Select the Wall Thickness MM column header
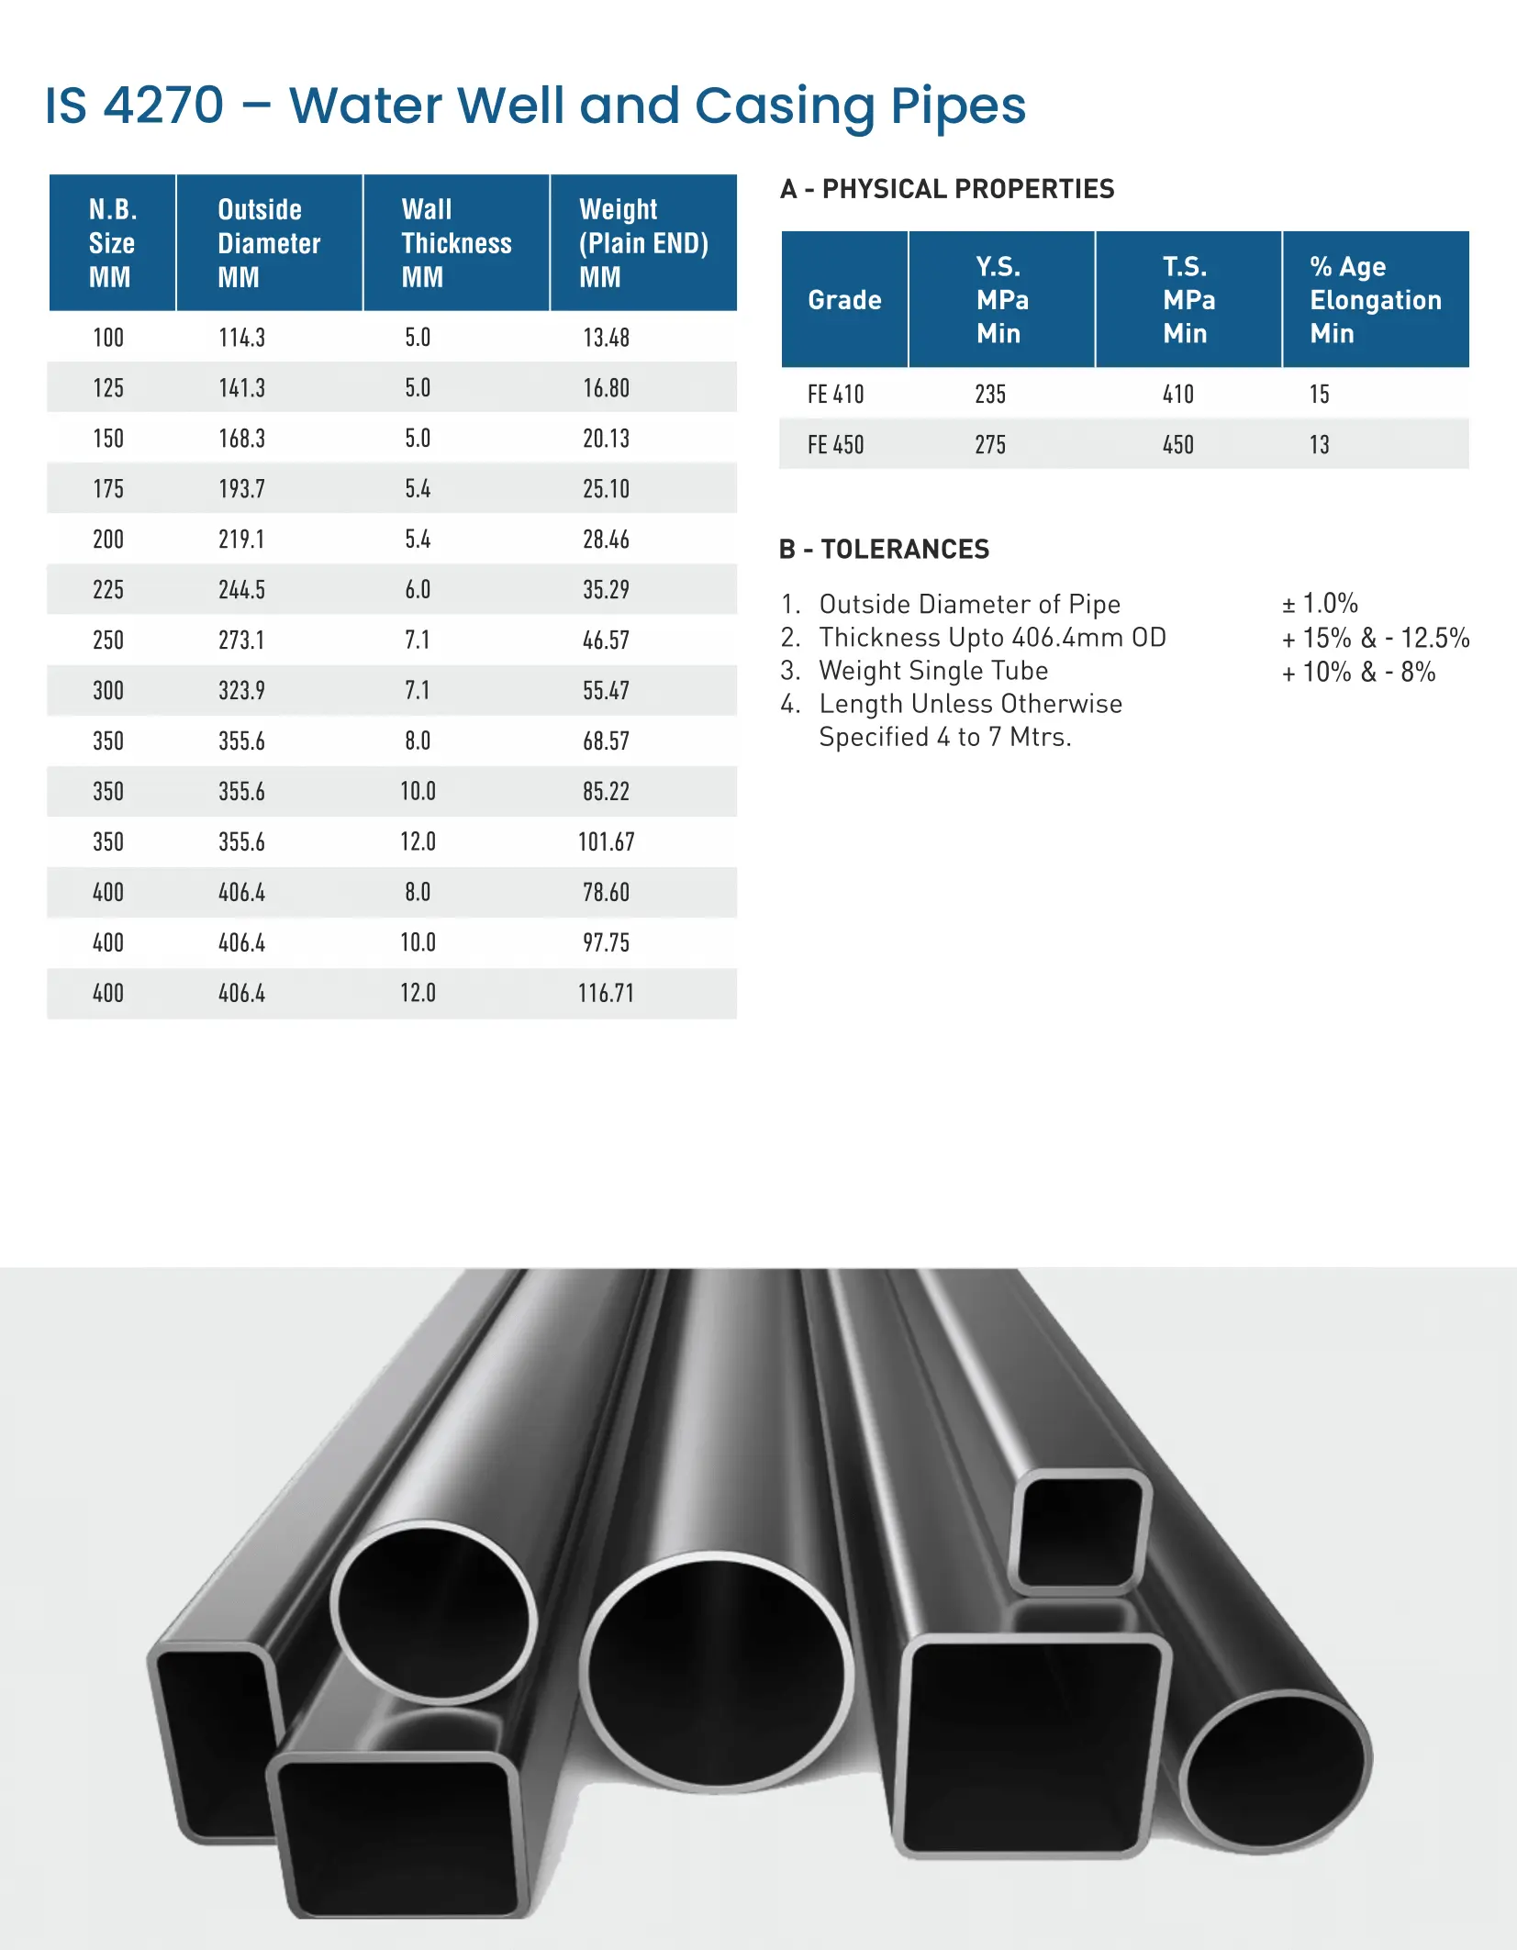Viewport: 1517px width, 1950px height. pos(455,243)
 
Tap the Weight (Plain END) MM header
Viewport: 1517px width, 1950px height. pos(642,243)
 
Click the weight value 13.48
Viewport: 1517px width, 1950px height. pos(606,338)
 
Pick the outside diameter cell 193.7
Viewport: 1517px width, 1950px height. pos(241,489)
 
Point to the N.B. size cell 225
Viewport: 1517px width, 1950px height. pos(108,590)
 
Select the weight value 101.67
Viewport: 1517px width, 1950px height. pos(606,842)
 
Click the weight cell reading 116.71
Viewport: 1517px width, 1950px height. pos(606,994)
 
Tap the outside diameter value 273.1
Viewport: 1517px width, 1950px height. pos(241,641)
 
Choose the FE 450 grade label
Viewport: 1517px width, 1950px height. pos(835,445)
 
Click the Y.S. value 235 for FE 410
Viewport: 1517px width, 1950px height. pos(990,395)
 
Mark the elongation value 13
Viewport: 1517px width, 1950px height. pos(1319,445)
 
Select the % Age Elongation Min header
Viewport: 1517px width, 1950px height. pos(1375,300)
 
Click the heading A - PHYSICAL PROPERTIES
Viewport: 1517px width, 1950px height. pos(946,189)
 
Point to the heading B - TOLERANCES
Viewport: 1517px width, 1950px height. pos(884,550)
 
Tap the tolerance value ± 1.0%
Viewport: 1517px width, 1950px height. pos(1320,604)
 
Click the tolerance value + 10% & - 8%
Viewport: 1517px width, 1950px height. pos(1358,673)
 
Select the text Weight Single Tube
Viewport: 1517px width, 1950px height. pos(932,671)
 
